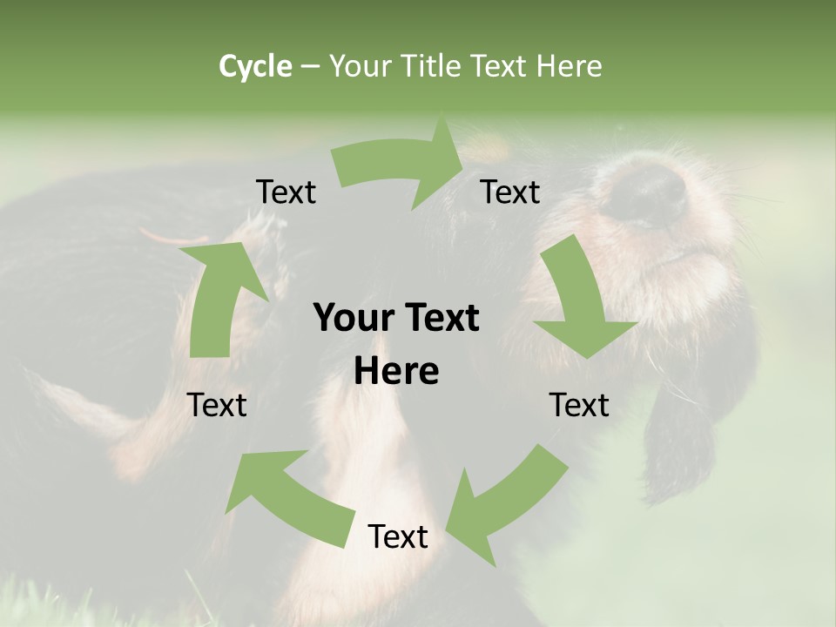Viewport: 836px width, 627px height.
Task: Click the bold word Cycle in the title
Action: coord(255,65)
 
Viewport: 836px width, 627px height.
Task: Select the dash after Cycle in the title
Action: coord(310,66)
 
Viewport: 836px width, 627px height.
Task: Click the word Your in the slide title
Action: coord(359,65)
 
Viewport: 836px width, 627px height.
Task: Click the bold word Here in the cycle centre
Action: coord(396,371)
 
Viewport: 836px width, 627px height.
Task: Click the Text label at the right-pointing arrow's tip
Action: coord(510,192)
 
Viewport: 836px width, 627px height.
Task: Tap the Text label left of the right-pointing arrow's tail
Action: coord(286,192)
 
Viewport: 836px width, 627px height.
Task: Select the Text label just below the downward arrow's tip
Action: coord(579,405)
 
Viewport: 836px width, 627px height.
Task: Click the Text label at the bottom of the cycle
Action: coord(398,536)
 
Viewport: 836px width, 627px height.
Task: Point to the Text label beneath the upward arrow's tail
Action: coord(218,405)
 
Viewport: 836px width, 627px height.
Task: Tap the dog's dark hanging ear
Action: coord(688,435)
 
